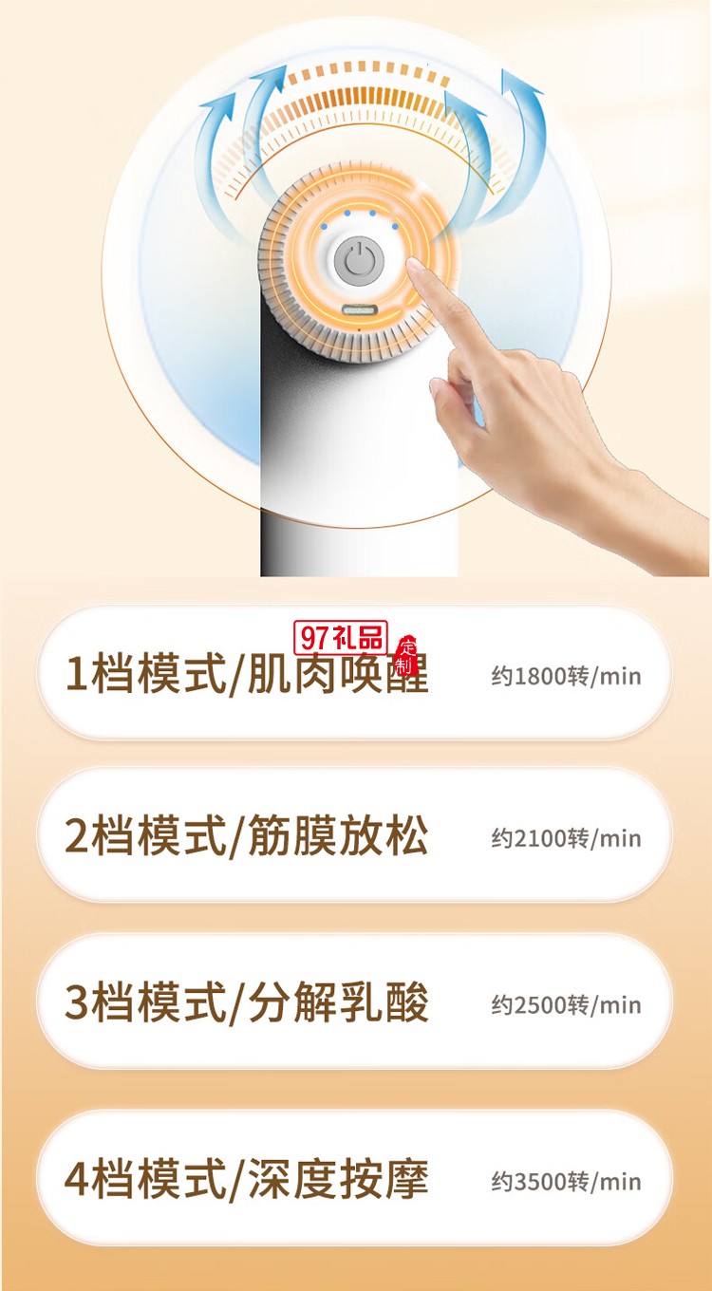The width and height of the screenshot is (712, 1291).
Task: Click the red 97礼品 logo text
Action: (x=341, y=638)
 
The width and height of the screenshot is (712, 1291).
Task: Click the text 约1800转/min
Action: (x=566, y=677)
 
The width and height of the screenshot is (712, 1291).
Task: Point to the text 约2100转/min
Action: (x=566, y=838)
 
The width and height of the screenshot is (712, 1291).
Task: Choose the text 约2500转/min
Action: (x=566, y=1005)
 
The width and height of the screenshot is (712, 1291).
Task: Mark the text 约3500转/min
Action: (x=566, y=1182)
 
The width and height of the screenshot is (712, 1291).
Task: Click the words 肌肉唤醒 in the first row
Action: (x=338, y=675)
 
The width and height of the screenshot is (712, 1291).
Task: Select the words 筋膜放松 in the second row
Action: (x=338, y=836)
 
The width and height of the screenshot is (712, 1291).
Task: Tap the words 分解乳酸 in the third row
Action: (x=338, y=1003)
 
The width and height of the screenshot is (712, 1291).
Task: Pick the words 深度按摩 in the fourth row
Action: (x=338, y=1180)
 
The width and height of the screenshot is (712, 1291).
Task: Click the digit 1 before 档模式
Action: (x=76, y=675)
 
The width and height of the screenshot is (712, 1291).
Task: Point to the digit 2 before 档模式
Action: (x=76, y=836)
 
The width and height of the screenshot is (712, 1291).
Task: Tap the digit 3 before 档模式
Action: (x=76, y=1003)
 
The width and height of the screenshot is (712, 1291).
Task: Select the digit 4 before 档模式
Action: (x=76, y=1180)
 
